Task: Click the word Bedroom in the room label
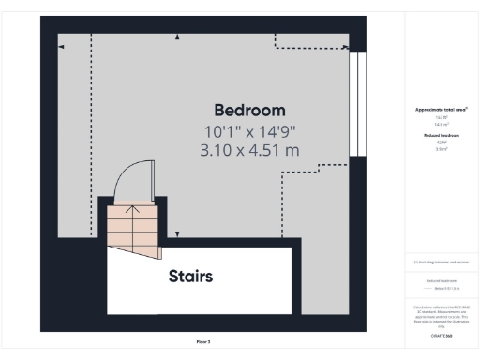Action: coord(249,110)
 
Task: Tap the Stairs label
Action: coord(191,277)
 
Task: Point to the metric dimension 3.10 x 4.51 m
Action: coord(248,149)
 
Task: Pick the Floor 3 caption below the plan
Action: coord(202,341)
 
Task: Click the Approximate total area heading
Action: coord(442,110)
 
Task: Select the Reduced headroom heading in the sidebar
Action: coord(442,136)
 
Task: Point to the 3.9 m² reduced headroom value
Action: coord(442,148)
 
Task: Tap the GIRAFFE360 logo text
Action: coord(442,333)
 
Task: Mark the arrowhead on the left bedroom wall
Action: coord(61,45)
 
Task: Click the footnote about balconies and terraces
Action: coord(442,262)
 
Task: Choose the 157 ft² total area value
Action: coord(442,117)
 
